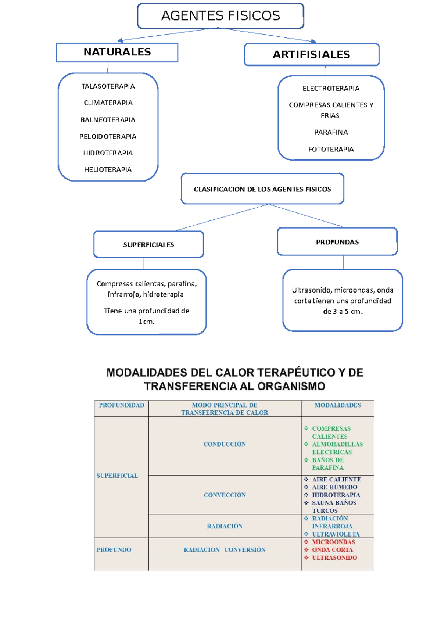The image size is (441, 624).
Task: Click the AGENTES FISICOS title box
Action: tap(220, 16)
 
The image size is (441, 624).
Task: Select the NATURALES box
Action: tap(117, 52)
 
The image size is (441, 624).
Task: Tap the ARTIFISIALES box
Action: tap(311, 55)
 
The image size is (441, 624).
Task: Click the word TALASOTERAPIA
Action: tap(108, 86)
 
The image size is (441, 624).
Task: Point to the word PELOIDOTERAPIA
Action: tap(108, 136)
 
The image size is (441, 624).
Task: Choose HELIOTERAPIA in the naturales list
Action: tap(108, 169)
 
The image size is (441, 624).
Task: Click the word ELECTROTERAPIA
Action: tap(331, 89)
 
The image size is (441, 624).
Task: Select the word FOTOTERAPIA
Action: tap(331, 149)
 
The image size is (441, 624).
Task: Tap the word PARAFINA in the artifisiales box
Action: tap(331, 132)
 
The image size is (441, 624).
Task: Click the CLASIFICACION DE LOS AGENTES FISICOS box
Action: tap(262, 189)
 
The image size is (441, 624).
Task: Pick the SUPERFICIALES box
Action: tap(148, 245)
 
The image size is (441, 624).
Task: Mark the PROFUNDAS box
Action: tap(337, 242)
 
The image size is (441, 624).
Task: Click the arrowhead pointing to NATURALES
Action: tap(120, 40)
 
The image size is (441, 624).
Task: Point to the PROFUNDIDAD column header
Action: tap(121, 405)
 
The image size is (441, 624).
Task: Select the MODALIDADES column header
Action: tap(337, 405)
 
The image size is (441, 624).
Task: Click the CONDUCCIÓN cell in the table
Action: tap(225, 444)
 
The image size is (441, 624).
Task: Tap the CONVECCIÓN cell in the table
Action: tap(225, 495)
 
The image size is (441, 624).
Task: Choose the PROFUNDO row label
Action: tap(114, 550)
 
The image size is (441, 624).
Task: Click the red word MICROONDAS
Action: tap(333, 542)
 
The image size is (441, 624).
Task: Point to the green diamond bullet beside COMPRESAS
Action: tap(306, 428)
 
